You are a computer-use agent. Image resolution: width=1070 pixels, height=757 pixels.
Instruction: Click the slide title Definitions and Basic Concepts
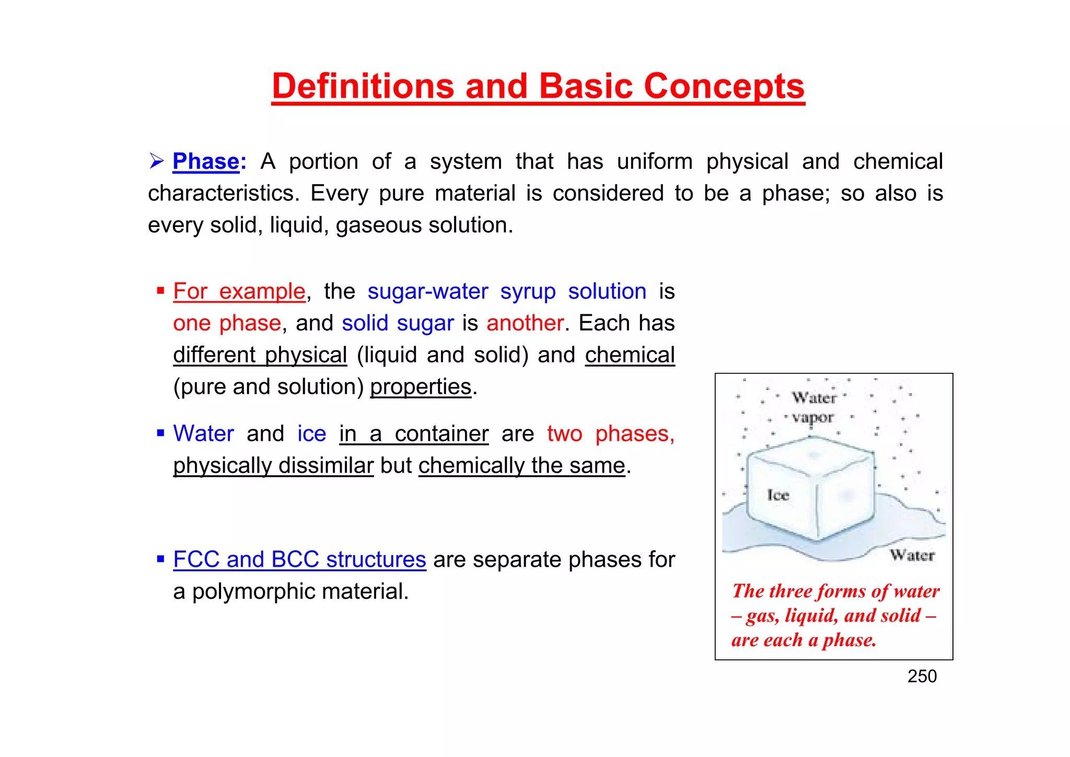point(538,86)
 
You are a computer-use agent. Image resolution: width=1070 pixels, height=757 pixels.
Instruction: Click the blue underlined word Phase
point(206,162)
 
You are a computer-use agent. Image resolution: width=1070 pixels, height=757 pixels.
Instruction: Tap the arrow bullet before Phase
point(156,161)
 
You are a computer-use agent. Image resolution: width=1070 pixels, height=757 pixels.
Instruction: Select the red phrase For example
point(239,291)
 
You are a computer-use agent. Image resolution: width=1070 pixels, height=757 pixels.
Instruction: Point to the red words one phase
point(227,323)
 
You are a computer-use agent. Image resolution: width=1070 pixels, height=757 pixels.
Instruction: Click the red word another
point(525,323)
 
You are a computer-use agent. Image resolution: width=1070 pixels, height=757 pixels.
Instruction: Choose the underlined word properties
point(421,387)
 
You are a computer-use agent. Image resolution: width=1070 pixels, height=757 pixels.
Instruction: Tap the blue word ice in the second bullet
point(312,434)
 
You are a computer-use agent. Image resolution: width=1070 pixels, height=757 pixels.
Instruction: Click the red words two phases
point(611,434)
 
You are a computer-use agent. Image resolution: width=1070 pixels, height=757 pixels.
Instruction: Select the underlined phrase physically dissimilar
point(273,466)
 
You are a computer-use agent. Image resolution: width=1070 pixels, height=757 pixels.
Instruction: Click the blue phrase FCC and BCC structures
point(299,560)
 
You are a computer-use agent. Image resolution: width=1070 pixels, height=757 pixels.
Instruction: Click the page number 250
point(922,676)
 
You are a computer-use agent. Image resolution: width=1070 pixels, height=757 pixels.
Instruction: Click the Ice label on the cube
point(778,495)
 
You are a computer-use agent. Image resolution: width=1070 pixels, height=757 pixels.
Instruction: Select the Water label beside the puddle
point(912,555)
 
